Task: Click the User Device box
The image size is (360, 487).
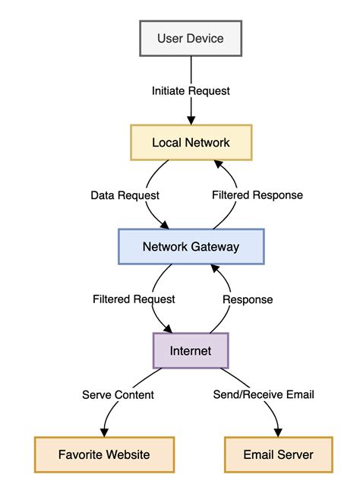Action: coord(191,38)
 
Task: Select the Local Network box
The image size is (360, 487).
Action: coord(191,142)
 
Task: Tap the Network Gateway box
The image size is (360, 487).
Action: coord(191,246)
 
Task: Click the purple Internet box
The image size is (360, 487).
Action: coord(191,351)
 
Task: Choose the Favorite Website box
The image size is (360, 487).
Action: coord(104,455)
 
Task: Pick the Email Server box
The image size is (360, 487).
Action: coord(278,455)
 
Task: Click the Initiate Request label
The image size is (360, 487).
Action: coord(191,90)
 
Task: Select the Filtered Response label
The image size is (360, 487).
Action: coord(257,194)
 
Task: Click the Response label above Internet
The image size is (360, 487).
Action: coord(247,299)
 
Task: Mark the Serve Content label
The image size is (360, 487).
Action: coord(118,394)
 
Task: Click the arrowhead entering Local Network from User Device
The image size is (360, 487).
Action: coord(191,121)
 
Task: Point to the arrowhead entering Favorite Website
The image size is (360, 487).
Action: coord(105,433)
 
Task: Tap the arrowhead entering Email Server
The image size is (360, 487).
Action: coord(277,433)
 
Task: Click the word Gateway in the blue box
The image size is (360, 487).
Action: coord(216,246)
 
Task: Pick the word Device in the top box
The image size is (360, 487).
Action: coord(206,38)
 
